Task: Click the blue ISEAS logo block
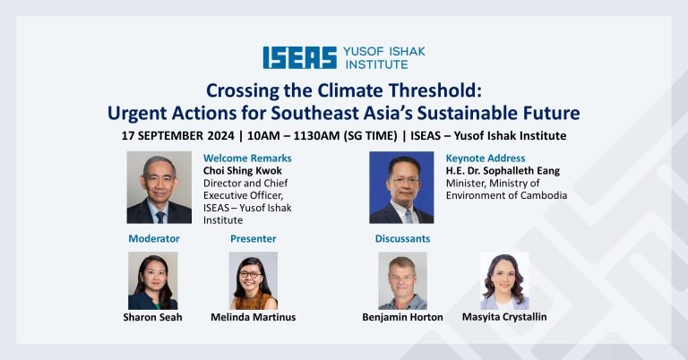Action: (x=300, y=58)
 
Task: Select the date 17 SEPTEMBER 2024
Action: (x=177, y=136)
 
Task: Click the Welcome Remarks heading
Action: (x=247, y=159)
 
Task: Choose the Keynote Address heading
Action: (x=486, y=159)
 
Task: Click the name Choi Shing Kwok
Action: (x=242, y=170)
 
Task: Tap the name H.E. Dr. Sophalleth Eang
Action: (x=503, y=170)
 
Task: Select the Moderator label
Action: (x=154, y=238)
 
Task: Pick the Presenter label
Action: (x=254, y=238)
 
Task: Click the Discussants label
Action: (x=402, y=238)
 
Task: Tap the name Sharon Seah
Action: (x=152, y=317)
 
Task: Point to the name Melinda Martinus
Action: (x=254, y=317)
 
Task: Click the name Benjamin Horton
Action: (x=402, y=317)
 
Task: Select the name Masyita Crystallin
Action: (x=504, y=317)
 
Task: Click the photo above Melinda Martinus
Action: (x=254, y=280)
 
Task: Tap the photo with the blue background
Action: (x=401, y=188)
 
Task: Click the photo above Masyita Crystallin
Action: (x=504, y=280)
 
